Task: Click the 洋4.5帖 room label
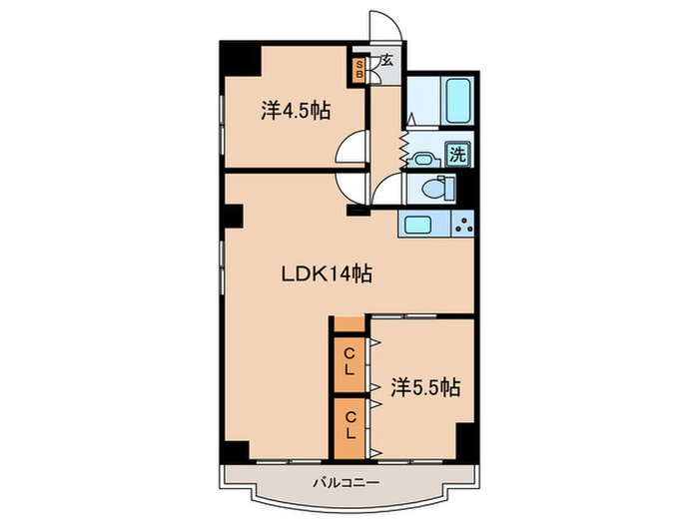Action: tap(296, 111)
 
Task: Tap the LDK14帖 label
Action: tap(327, 273)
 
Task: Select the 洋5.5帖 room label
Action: tap(425, 387)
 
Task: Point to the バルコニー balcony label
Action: tap(346, 482)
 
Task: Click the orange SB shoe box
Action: tap(358, 70)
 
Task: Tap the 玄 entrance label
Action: tap(387, 60)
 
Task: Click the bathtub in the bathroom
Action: tap(457, 101)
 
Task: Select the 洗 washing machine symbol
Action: tap(457, 155)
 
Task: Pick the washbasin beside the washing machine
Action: tap(422, 160)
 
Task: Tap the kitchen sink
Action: tap(417, 224)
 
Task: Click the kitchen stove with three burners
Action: tap(463, 224)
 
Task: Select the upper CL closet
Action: tap(349, 362)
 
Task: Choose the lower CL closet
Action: tap(349, 426)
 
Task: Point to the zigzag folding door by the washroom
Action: tap(403, 150)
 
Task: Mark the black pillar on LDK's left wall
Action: tap(233, 217)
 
